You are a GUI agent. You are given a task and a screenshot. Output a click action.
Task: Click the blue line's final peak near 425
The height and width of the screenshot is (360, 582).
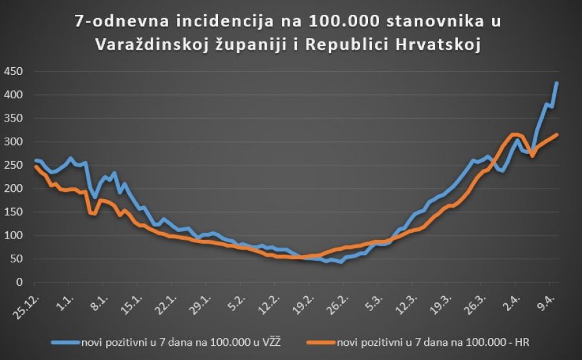pyautogui.click(x=557, y=83)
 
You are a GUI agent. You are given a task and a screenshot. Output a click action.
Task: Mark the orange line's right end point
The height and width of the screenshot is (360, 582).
pyautogui.click(x=557, y=134)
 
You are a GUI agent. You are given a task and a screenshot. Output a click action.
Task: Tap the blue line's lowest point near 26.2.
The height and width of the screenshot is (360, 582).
pyautogui.click(x=341, y=262)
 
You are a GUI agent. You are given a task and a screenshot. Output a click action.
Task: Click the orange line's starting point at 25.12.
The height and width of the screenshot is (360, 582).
pyautogui.click(x=34, y=166)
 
